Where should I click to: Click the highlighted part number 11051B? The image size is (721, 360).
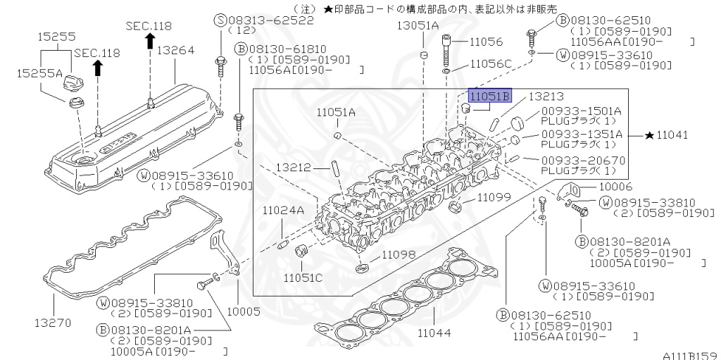pos(491,96)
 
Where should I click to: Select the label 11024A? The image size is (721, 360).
pos(283,210)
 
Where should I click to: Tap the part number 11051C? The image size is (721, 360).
pos(303,277)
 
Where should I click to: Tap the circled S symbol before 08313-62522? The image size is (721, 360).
pos(218,20)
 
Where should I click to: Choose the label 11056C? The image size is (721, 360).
pos(489,63)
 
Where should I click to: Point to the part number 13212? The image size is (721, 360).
pos(294,167)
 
